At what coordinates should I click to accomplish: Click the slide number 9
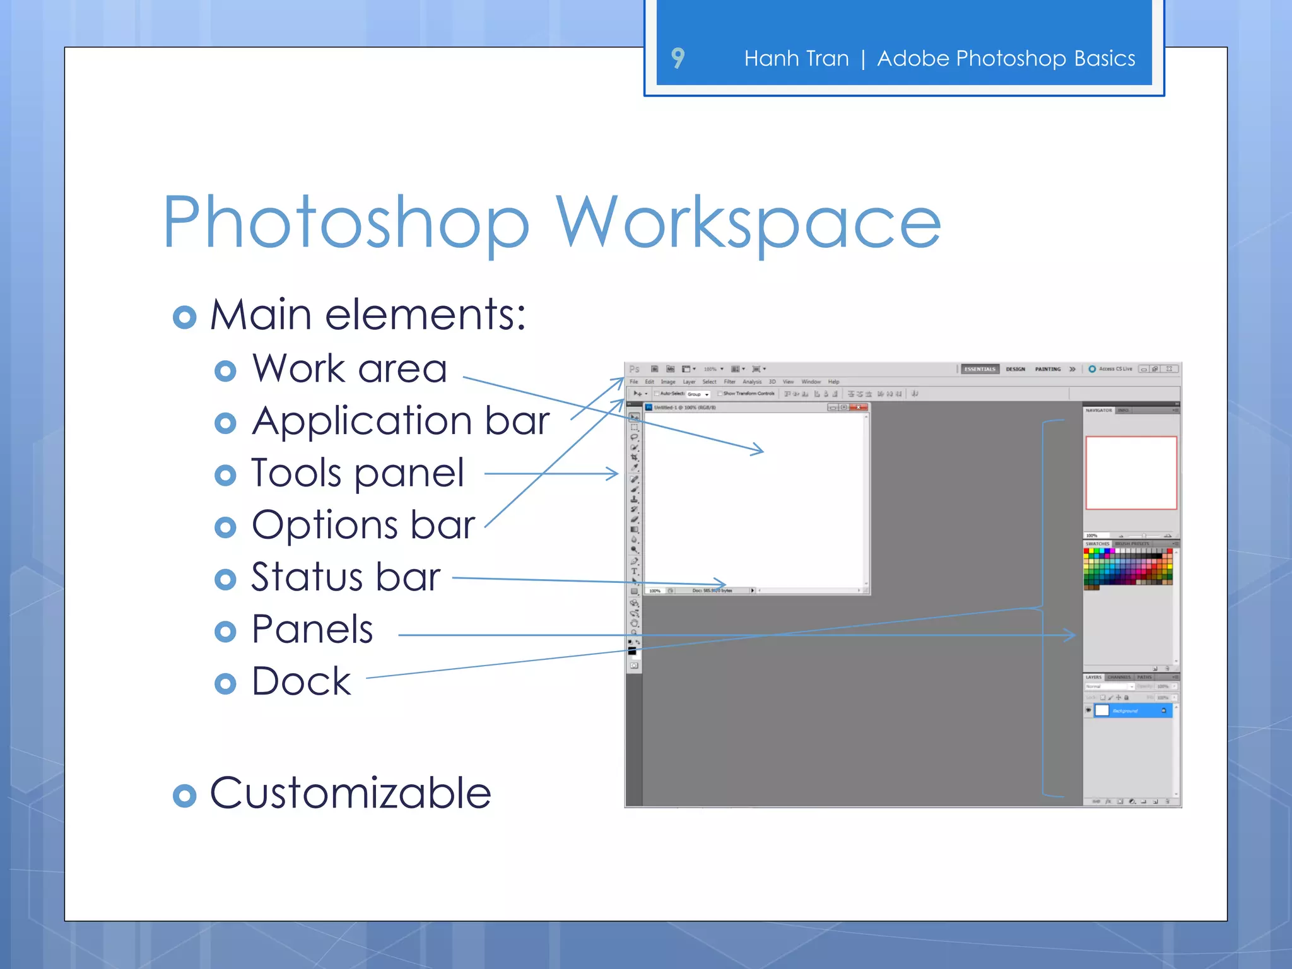pos(678,58)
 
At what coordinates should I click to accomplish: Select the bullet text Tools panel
pos(358,473)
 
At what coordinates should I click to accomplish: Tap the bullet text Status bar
pos(346,577)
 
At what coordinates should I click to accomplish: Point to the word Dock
pos(301,681)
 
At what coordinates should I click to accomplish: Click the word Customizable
pos(350,793)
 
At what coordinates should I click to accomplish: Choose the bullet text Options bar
pos(363,525)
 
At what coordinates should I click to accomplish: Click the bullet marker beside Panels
pos(225,631)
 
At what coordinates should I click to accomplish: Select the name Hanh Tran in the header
pos(796,59)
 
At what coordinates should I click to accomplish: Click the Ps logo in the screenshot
pos(635,369)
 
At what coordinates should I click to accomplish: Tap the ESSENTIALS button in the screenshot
pos(980,369)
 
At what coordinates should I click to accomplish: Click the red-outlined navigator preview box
pos(1131,473)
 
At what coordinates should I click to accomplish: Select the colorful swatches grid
pos(1128,567)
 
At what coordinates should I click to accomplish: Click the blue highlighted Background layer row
pos(1133,711)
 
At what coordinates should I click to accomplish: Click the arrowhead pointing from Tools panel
pos(613,473)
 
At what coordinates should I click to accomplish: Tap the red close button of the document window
pos(859,408)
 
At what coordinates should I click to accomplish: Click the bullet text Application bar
pos(401,421)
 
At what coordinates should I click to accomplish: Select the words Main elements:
pos(368,314)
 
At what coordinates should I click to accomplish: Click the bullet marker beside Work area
pos(225,371)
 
